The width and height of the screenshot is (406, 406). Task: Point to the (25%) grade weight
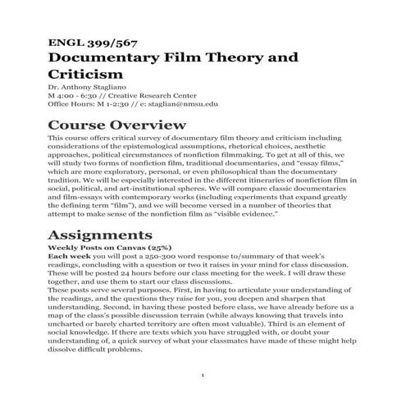(x=180, y=249)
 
